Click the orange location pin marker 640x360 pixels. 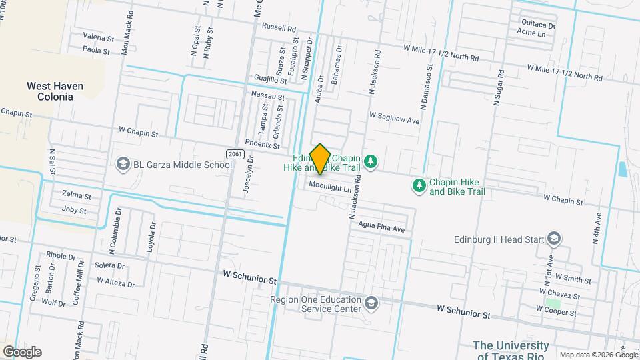pos(321,159)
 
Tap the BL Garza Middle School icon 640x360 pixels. pos(123,163)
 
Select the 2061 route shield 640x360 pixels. pos(234,154)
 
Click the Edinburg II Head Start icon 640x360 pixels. pos(554,239)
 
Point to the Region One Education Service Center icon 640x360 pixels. pos(371,304)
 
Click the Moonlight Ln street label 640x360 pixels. pos(329,189)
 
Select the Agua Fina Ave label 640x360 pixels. pos(382,228)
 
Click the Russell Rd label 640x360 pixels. pos(279,29)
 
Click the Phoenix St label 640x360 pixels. pos(262,143)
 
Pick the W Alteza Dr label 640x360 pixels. pos(115,281)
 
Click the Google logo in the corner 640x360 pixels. pos(22,352)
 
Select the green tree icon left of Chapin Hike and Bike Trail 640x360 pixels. pos(419,185)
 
